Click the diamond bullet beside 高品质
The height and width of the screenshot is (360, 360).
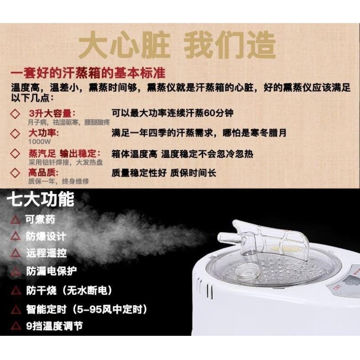(x=16, y=173)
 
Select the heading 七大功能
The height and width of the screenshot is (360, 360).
(x=41, y=199)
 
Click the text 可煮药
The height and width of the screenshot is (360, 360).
(x=40, y=219)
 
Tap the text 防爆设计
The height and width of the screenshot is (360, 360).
(x=45, y=236)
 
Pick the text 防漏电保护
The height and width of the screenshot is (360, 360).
(x=51, y=271)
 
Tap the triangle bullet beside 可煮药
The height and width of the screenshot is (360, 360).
(x=16, y=220)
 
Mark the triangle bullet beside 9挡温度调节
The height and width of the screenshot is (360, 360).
(x=16, y=326)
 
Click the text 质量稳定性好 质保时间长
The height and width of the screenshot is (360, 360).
(x=164, y=173)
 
